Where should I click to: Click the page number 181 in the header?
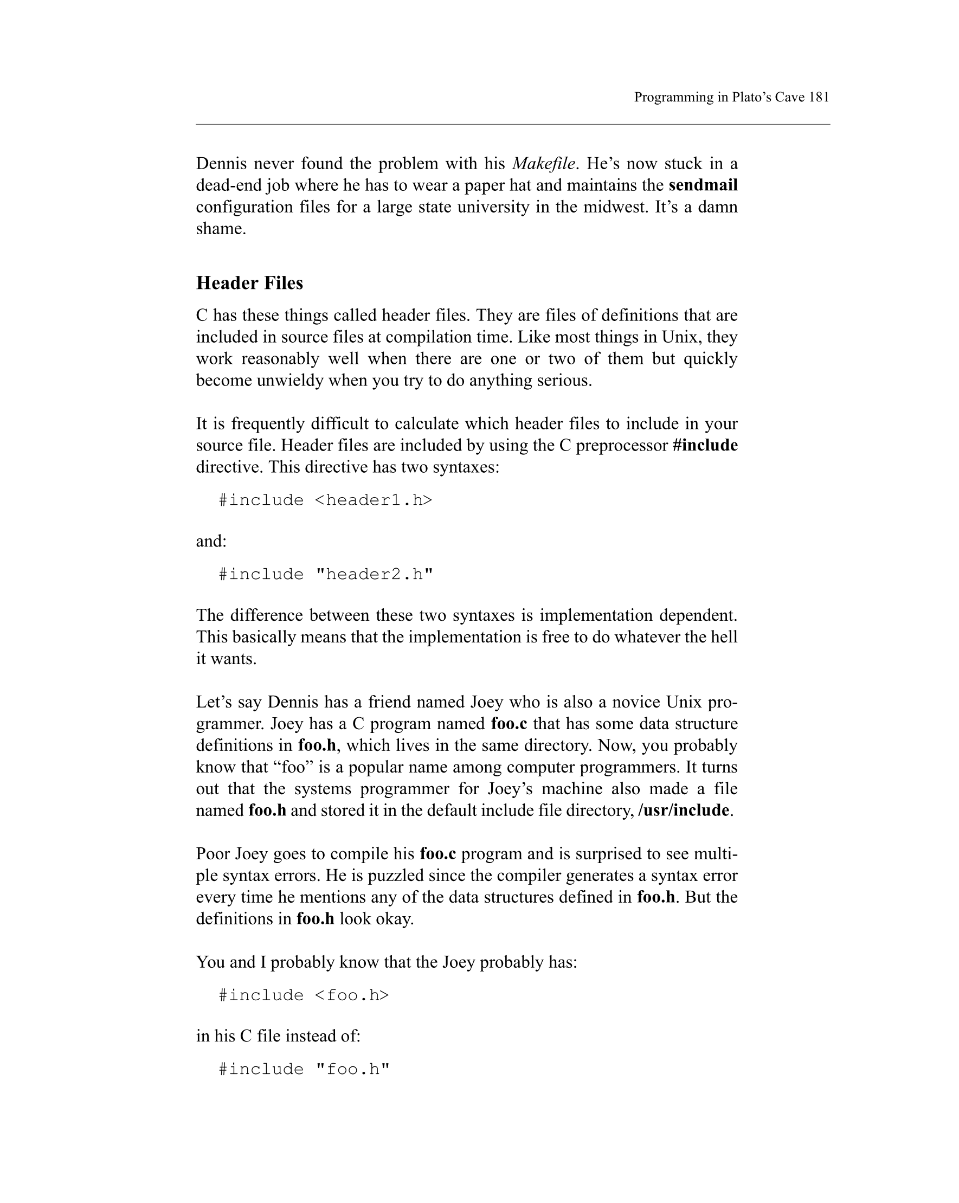pos(819,97)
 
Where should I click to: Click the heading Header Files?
pos(249,283)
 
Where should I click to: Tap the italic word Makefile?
pos(543,164)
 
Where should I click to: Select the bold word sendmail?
pos(703,185)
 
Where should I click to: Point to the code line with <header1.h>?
pos(325,500)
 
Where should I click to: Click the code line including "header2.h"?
pos(326,574)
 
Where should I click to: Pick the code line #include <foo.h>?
pos(304,995)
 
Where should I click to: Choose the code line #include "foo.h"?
pos(304,1069)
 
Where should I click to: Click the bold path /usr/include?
pos(684,810)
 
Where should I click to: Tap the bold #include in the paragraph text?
pos(705,445)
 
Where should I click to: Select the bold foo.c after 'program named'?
pos(509,724)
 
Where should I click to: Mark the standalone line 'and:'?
pos(211,541)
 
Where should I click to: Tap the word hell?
pos(724,637)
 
